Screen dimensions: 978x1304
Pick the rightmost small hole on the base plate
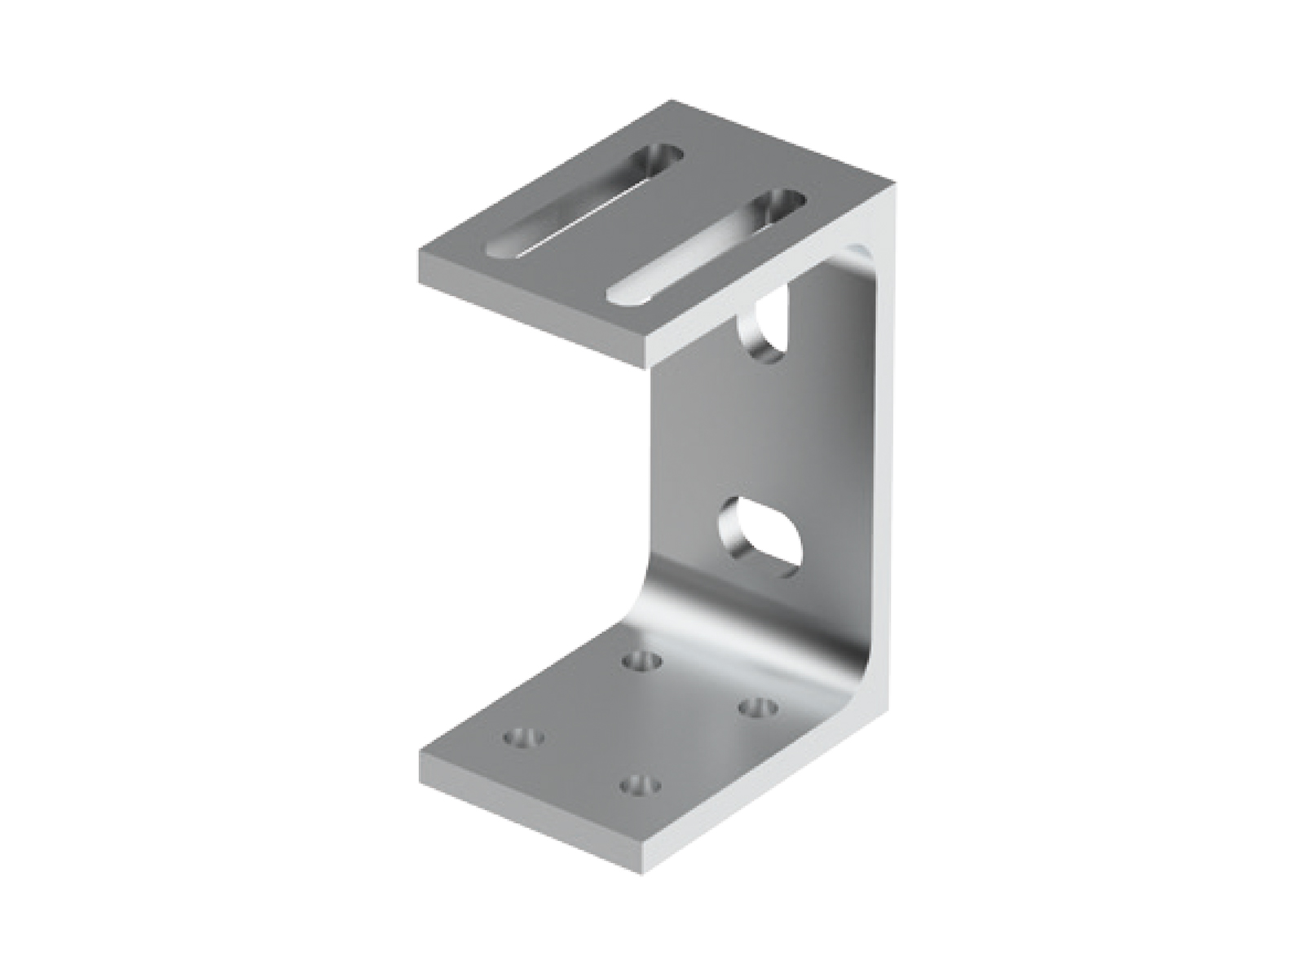click(x=756, y=706)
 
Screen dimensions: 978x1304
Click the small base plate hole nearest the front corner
click(x=639, y=786)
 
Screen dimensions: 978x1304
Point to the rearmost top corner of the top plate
click(x=673, y=101)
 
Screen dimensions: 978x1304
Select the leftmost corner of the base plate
click(x=419, y=751)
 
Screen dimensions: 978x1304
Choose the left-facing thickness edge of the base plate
click(x=530, y=815)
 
